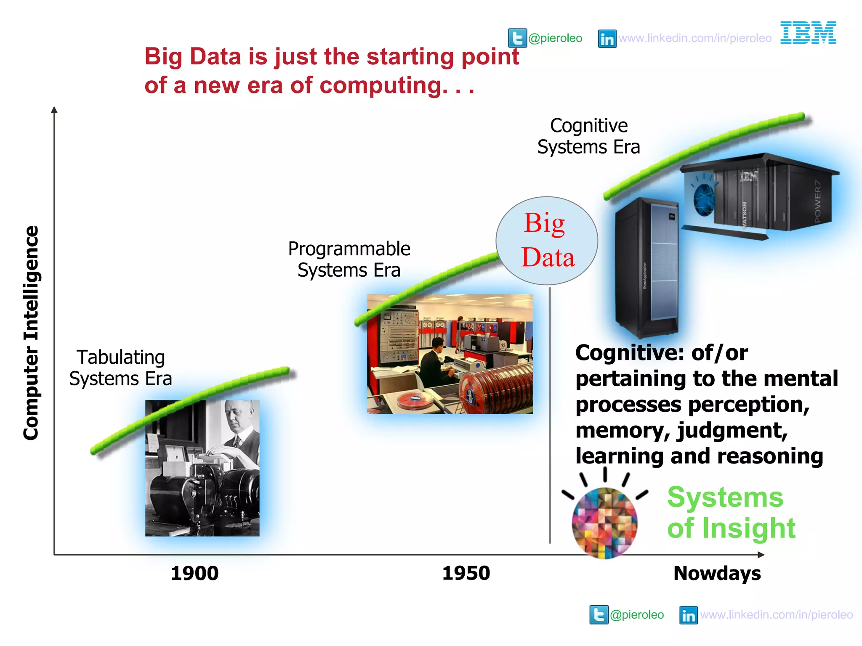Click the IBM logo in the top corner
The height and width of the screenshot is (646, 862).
[808, 33]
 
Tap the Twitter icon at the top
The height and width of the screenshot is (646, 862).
[517, 38]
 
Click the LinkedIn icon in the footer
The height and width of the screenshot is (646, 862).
[688, 615]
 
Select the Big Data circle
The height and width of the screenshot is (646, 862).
[547, 241]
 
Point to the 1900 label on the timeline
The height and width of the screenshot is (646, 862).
[194, 573]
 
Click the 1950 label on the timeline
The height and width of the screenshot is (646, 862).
[466, 573]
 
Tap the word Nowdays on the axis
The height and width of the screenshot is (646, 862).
[717, 573]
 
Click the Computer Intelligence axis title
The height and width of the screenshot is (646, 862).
[31, 333]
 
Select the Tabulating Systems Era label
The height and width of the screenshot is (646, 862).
[121, 368]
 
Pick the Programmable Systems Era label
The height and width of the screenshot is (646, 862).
[349, 259]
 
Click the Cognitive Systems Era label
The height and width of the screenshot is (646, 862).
[588, 136]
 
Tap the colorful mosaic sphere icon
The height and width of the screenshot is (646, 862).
[604, 522]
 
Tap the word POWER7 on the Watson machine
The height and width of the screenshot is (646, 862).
[817, 201]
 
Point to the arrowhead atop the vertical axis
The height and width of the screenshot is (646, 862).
[54, 110]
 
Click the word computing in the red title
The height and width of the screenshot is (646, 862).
[379, 85]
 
